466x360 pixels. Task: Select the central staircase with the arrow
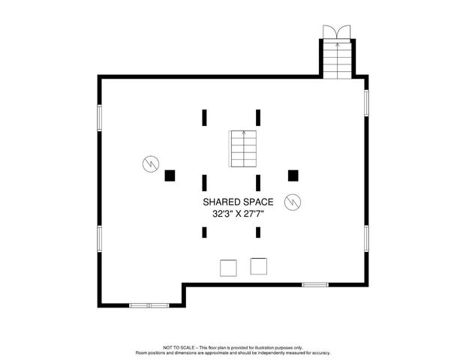click(x=242, y=149)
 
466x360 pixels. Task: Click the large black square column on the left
click(x=170, y=175)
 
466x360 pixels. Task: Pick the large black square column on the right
click(x=293, y=175)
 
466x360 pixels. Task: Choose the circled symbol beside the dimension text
click(x=293, y=202)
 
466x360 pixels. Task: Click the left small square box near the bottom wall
click(x=227, y=267)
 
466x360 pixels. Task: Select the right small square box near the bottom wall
click(x=259, y=265)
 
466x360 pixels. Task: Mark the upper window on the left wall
click(x=99, y=117)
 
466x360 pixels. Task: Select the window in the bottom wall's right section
click(x=315, y=285)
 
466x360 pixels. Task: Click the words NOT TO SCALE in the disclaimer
click(x=179, y=348)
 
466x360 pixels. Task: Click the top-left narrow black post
click(x=203, y=117)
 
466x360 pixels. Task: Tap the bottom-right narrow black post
click(x=258, y=232)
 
